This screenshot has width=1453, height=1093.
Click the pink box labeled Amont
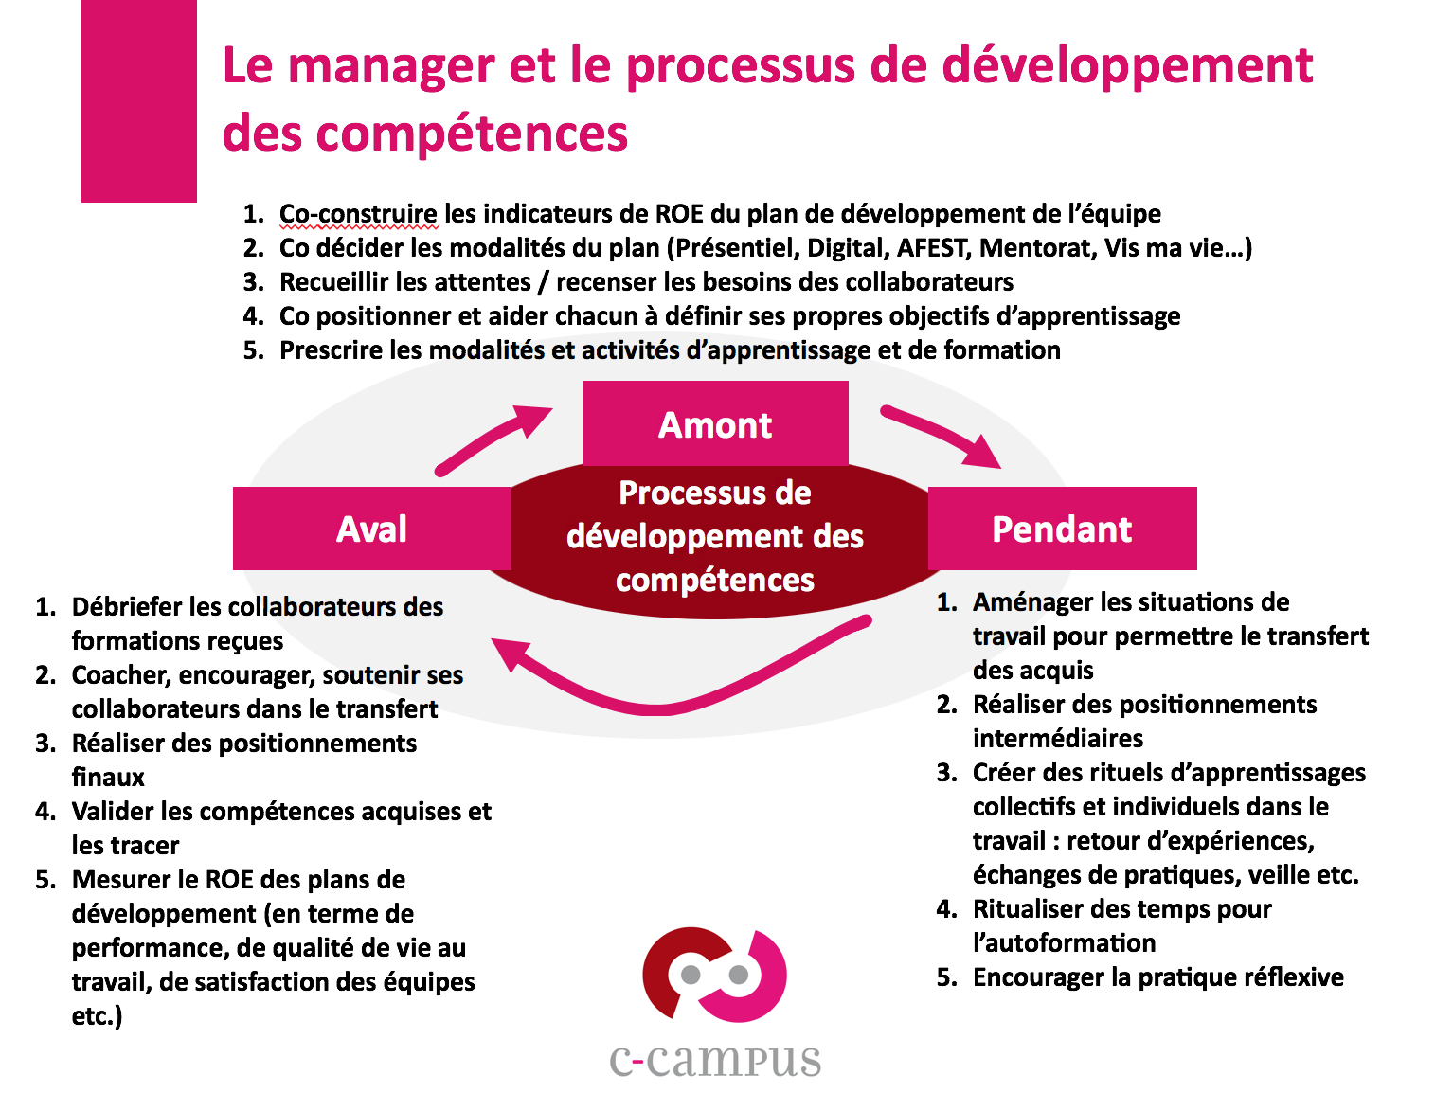715,423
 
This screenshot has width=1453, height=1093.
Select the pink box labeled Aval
371,529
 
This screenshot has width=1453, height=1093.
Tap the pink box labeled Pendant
1062,529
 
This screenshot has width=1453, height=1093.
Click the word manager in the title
391,67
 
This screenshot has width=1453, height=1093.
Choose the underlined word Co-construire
358,214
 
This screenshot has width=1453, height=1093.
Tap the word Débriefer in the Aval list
126,607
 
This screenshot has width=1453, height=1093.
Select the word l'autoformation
1065,943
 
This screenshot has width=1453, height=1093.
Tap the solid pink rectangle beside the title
139,100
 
